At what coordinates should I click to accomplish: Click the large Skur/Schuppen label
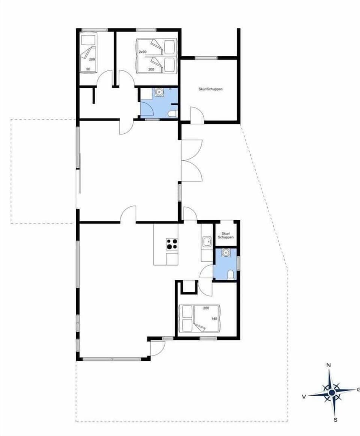point(210,89)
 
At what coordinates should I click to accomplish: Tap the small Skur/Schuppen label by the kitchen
point(227,235)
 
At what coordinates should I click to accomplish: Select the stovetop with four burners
point(172,244)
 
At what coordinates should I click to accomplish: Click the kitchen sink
point(207,242)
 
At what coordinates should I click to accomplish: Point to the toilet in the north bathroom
point(172,114)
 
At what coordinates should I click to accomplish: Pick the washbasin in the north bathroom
point(159,92)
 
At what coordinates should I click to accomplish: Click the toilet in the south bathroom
point(231,275)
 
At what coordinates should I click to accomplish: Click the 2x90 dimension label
point(142,52)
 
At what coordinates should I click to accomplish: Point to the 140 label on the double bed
point(214,319)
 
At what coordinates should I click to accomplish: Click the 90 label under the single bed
point(88,69)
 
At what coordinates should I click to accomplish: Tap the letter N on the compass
point(329,365)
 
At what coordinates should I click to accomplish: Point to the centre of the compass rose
point(331,392)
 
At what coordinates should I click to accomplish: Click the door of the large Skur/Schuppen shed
point(196,115)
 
